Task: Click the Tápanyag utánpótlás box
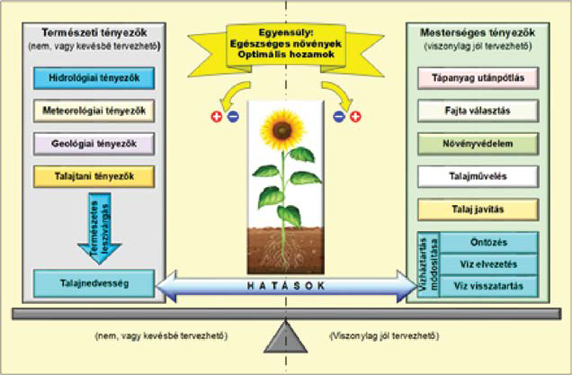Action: pos(478,77)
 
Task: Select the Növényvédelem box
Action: pos(478,143)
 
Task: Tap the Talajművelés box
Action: pos(478,176)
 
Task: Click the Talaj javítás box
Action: pos(478,209)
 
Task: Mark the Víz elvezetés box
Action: pos(490,264)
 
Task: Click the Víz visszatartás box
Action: pos(490,286)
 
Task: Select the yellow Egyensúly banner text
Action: pos(285,40)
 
